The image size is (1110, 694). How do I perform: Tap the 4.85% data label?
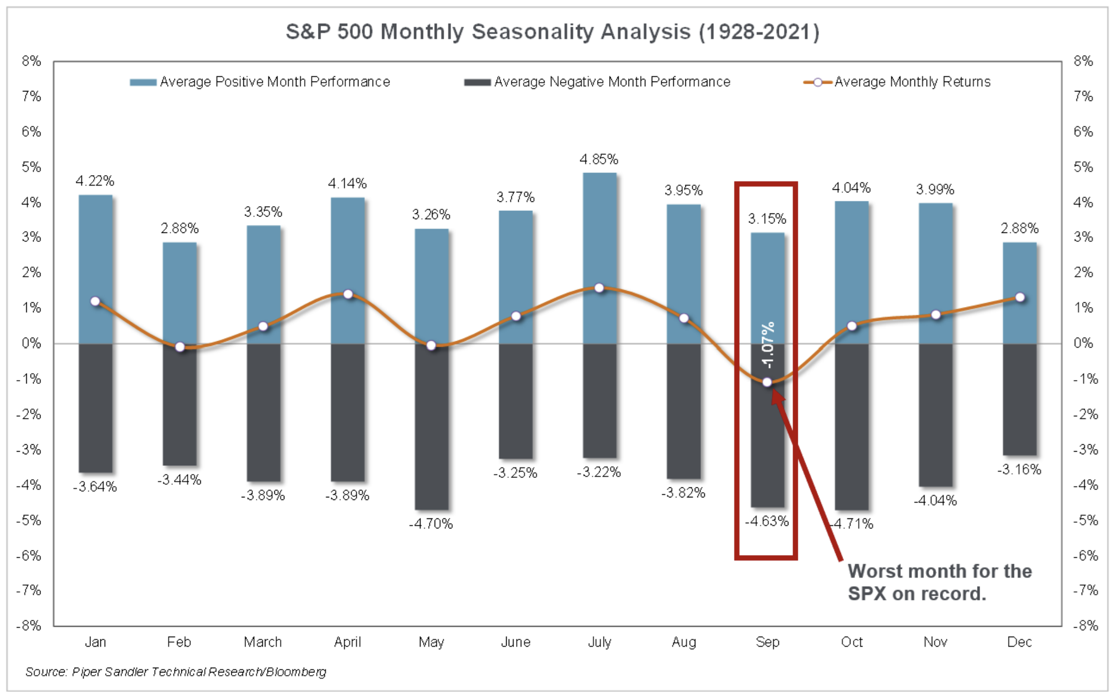click(x=599, y=159)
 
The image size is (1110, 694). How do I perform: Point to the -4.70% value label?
click(x=431, y=524)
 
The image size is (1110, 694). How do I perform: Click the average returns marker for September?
click(x=767, y=382)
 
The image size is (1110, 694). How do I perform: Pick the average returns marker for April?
click(x=347, y=294)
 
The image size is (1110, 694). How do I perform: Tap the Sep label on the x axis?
click(x=767, y=642)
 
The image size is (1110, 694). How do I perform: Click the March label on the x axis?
click(x=263, y=642)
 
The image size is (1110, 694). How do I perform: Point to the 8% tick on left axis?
click(x=31, y=61)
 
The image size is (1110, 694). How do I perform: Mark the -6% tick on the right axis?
click(x=1084, y=556)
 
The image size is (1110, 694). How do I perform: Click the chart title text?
click(x=552, y=32)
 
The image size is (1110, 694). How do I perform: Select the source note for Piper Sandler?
click(x=176, y=672)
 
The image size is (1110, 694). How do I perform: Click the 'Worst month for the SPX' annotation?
click(x=939, y=582)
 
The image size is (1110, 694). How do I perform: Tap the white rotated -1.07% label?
click(x=768, y=345)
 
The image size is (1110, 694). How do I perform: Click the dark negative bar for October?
click(x=851, y=426)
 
